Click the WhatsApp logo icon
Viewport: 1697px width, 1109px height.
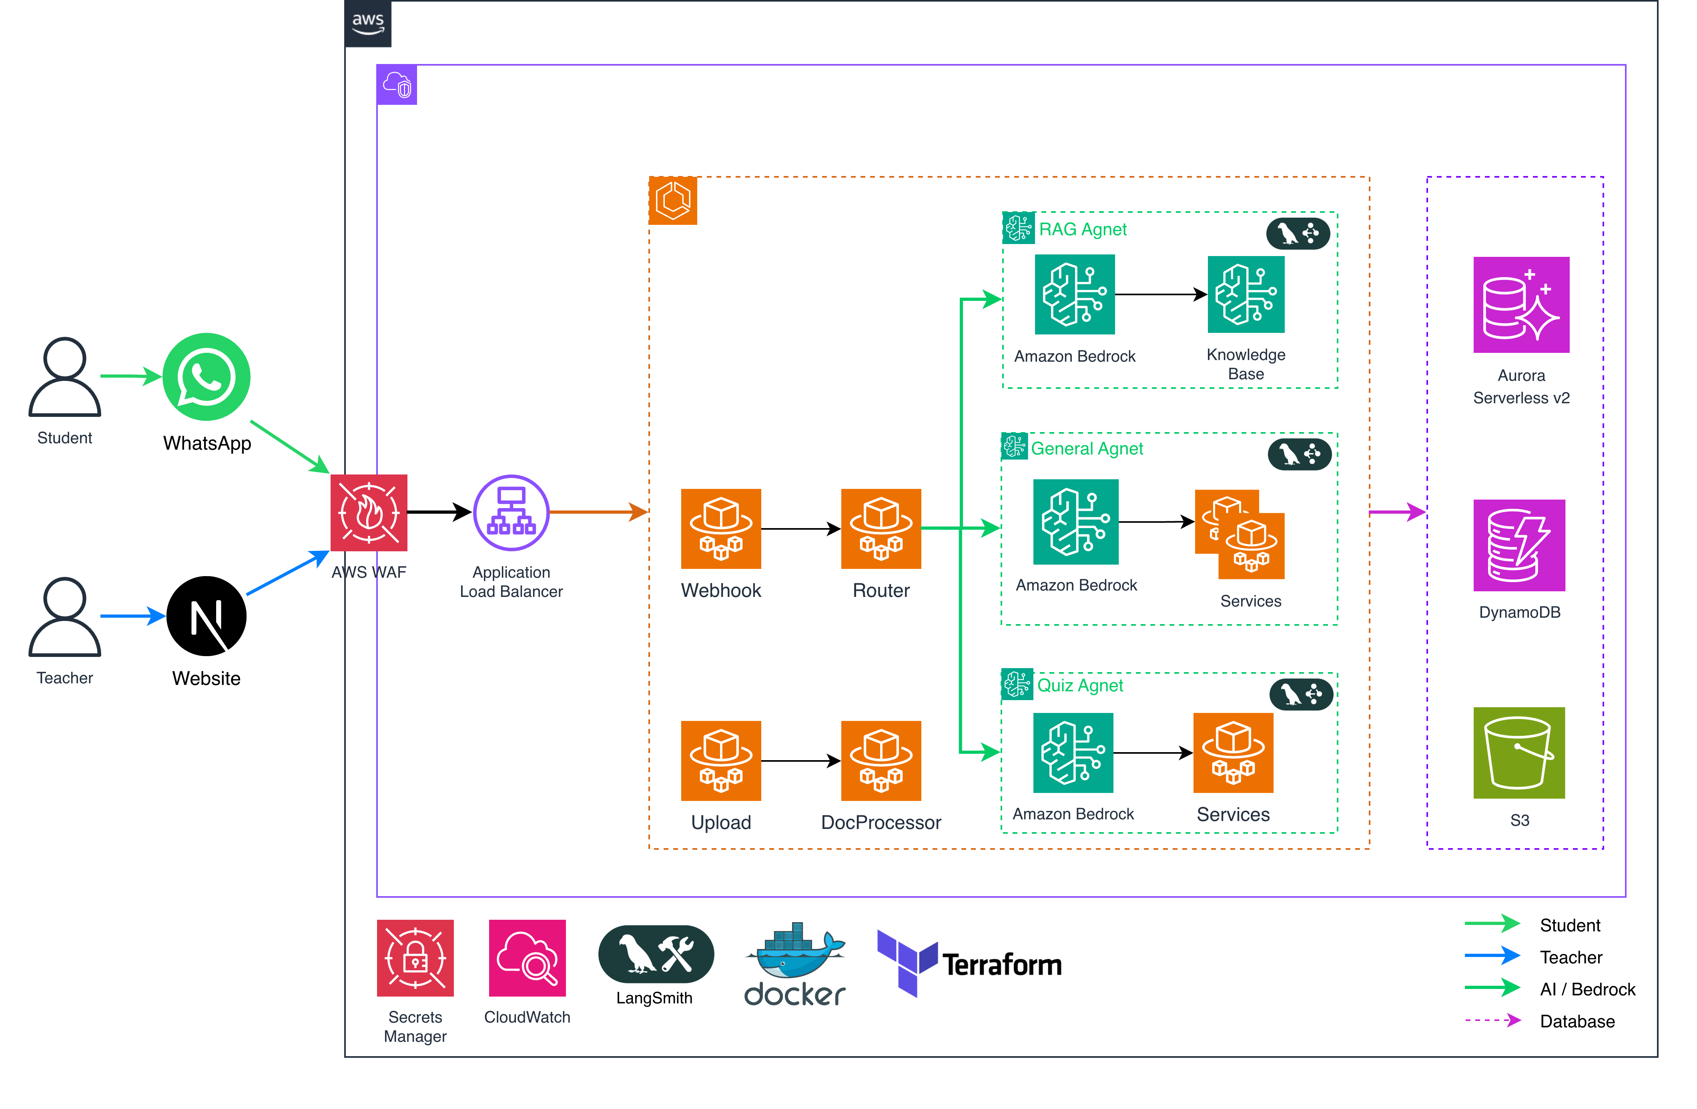(x=206, y=376)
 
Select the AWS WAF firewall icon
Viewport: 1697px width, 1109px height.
(x=369, y=512)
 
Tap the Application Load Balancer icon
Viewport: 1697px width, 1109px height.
(x=511, y=512)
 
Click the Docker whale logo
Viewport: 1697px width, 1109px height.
(x=794, y=951)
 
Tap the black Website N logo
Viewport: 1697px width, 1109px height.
(x=206, y=616)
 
